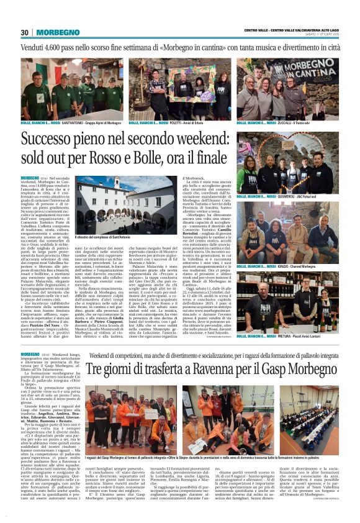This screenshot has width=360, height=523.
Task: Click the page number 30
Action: (x=25, y=32)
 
